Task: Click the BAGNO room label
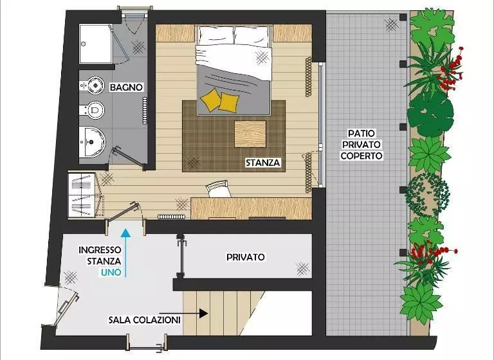point(126,87)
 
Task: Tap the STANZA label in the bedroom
point(262,163)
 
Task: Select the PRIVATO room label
point(246,257)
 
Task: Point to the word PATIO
point(361,133)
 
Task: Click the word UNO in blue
point(111,273)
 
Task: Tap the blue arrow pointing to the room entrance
point(125,253)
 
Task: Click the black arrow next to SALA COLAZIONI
point(194,313)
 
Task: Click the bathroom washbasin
point(92,141)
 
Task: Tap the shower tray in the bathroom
point(95,44)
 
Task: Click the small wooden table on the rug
point(250,134)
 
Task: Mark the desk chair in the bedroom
point(218,189)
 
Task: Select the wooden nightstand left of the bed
point(176,33)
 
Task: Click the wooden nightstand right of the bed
point(293,33)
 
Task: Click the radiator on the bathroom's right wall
point(145,111)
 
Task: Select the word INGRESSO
point(100,250)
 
